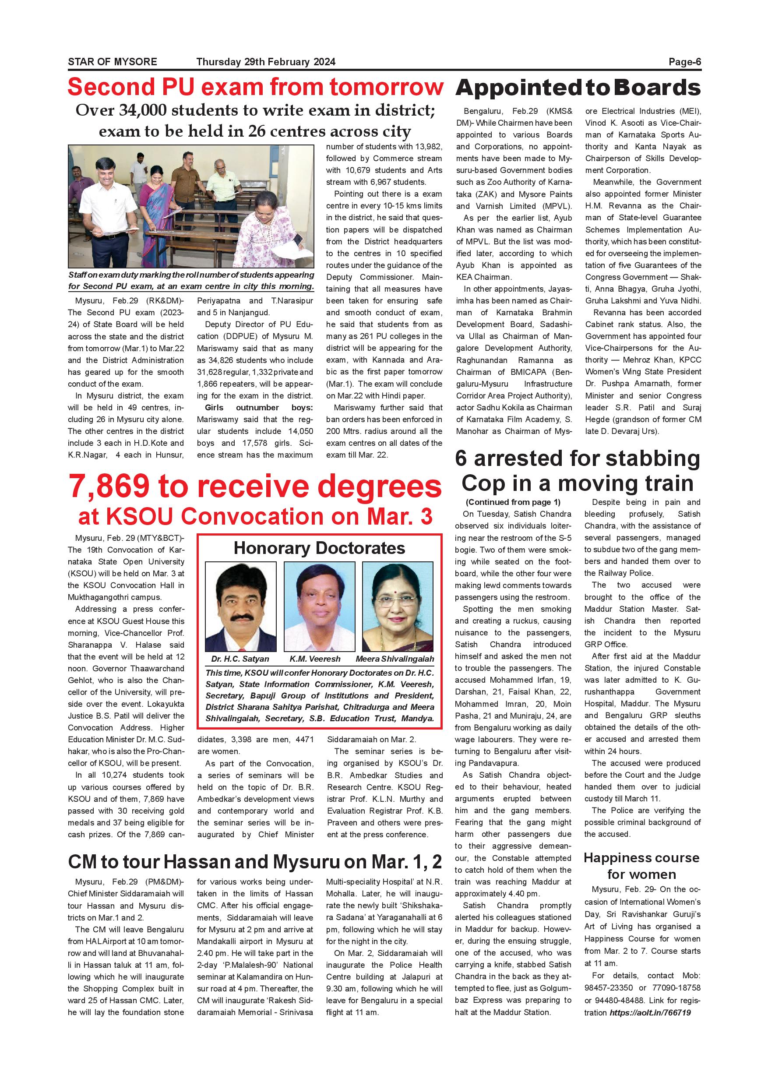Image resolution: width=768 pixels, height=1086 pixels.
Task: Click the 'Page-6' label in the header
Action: [684, 62]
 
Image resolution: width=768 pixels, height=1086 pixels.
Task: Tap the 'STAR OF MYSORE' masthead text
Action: [112, 62]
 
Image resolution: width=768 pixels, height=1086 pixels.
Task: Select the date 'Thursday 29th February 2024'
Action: [266, 62]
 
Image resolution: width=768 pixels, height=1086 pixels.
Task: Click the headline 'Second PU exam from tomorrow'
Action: [255, 87]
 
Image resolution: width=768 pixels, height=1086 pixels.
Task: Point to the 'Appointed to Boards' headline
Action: [578, 88]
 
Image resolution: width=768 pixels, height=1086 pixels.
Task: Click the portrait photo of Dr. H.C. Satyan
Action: [240, 606]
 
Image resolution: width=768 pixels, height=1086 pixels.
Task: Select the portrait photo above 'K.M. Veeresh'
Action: [319, 606]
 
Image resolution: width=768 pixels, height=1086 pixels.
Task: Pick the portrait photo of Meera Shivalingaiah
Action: [397, 606]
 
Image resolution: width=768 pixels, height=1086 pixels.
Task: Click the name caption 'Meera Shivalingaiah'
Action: [395, 659]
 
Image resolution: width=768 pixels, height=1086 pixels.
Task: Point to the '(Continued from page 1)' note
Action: [513, 502]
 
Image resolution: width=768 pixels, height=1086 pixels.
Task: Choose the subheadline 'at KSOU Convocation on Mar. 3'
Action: [255, 517]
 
